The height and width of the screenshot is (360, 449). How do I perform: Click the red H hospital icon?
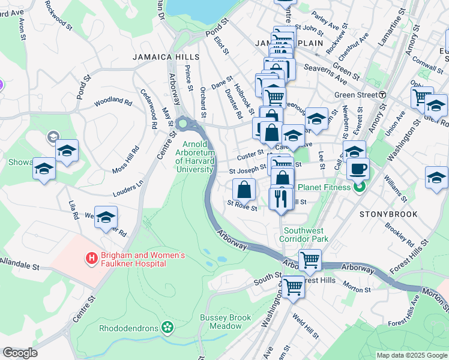91,258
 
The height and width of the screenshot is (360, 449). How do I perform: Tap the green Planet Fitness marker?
360,187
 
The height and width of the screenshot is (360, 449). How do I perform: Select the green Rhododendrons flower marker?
167,328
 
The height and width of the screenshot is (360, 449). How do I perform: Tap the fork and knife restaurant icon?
281,199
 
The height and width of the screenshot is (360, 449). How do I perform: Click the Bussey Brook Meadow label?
221,322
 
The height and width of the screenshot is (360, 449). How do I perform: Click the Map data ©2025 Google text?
411,355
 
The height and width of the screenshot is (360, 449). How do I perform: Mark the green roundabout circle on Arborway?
182,124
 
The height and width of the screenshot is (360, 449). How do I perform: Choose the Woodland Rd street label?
112,102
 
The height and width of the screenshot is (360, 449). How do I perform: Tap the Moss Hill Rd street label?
124,160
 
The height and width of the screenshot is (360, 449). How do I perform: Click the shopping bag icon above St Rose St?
243,190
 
